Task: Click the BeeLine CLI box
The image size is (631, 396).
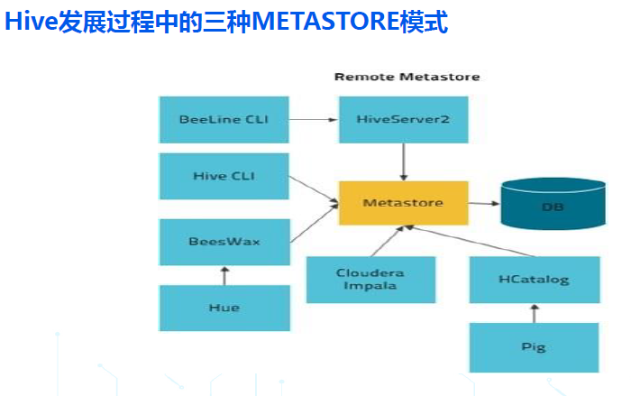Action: click(x=224, y=120)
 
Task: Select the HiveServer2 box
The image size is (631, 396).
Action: click(x=403, y=120)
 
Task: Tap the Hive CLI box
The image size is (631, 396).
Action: click(x=224, y=176)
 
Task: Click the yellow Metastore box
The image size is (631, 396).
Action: click(x=403, y=203)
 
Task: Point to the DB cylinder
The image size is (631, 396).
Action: click(x=553, y=204)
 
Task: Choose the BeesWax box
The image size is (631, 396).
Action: click(x=224, y=242)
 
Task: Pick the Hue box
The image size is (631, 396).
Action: click(x=224, y=308)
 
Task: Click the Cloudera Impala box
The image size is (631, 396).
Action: click(x=370, y=280)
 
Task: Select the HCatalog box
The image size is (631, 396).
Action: click(x=535, y=280)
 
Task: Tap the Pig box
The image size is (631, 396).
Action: click(x=534, y=347)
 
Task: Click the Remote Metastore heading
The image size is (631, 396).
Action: click(x=407, y=77)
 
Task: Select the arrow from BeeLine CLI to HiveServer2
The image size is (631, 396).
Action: click(x=314, y=120)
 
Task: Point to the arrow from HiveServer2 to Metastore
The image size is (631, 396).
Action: click(x=404, y=162)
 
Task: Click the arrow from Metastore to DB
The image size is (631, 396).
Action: click(x=484, y=204)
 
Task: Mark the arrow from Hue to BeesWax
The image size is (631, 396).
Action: click(x=224, y=275)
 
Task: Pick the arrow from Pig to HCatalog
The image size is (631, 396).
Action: click(x=535, y=313)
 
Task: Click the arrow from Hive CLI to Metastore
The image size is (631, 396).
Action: click(x=314, y=189)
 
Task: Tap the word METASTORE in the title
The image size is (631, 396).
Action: click(x=325, y=22)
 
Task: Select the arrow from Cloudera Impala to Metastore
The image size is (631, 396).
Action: click(x=387, y=241)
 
